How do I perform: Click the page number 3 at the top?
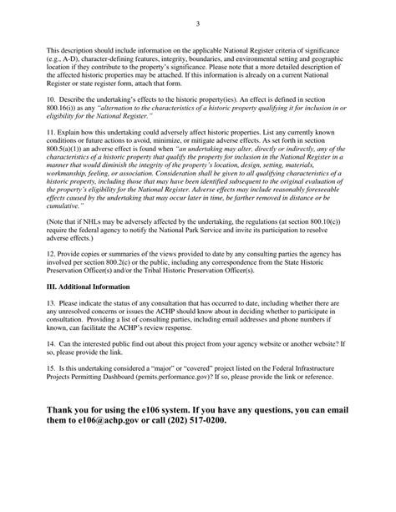(198, 23)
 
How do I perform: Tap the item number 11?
(50, 157)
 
